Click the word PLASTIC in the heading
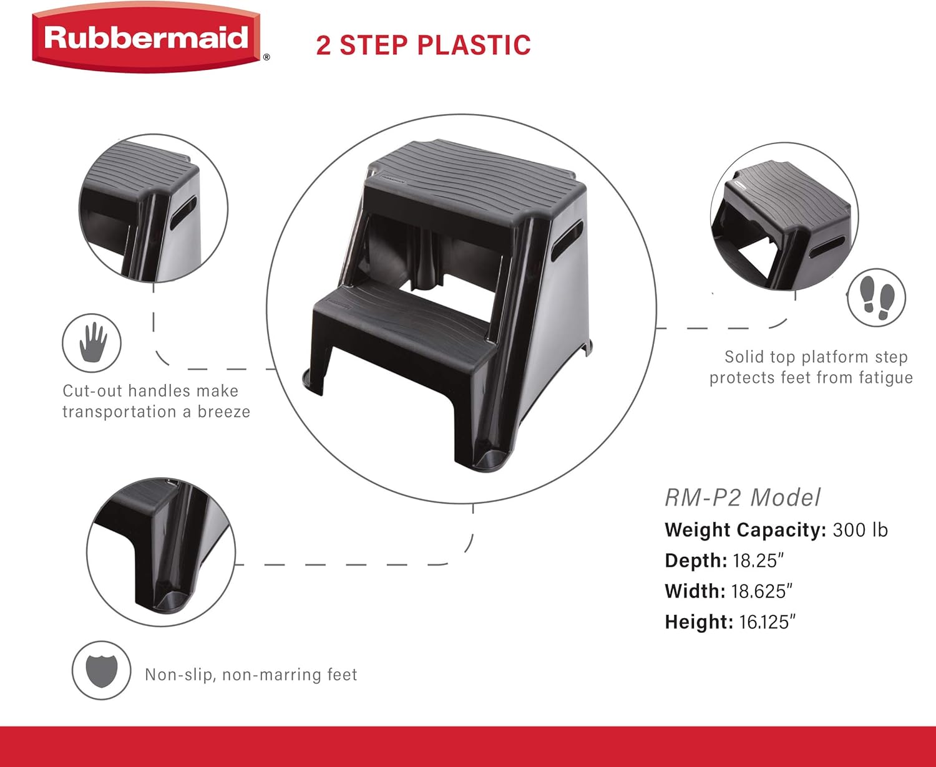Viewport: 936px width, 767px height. pyautogui.click(x=474, y=46)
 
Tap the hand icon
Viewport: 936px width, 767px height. pyautogui.click(x=92, y=343)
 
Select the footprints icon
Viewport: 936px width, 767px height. pyautogui.click(x=877, y=297)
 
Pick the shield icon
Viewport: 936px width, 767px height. pyautogui.click(x=101, y=670)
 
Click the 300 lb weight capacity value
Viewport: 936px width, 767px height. pyautogui.click(x=860, y=530)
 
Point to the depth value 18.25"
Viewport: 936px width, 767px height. pyautogui.click(x=758, y=561)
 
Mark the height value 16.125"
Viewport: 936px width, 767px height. pyautogui.click(x=767, y=622)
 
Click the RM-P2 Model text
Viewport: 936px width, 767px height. pyautogui.click(x=742, y=498)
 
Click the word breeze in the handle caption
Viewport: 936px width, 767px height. pyautogui.click(x=224, y=412)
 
